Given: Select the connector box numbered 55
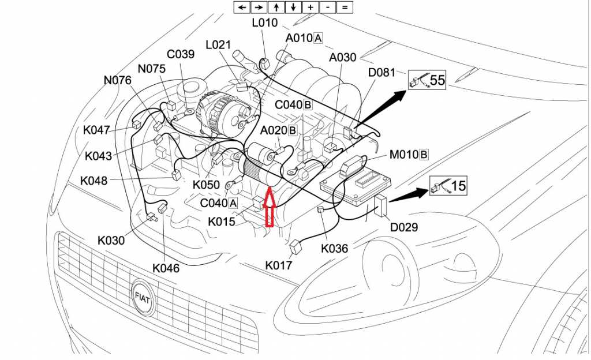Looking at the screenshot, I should tap(428, 80).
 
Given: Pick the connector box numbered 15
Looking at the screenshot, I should tap(448, 186).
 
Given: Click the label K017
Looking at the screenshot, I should tap(279, 265).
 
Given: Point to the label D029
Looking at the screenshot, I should tap(404, 227).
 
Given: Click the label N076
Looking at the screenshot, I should tap(118, 80).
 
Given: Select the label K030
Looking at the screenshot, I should tap(111, 241).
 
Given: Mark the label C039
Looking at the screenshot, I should tap(181, 55).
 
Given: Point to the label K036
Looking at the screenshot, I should tap(335, 249).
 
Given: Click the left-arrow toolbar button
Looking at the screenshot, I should tap(241, 7).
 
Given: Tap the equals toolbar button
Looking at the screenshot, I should tap(345, 7).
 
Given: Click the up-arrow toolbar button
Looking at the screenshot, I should tap(276, 7).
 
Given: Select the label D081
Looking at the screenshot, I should tap(381, 73).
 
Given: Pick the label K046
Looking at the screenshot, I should tap(166, 268).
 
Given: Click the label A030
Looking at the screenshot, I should tap(343, 58).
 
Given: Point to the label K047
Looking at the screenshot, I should tap(96, 130).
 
